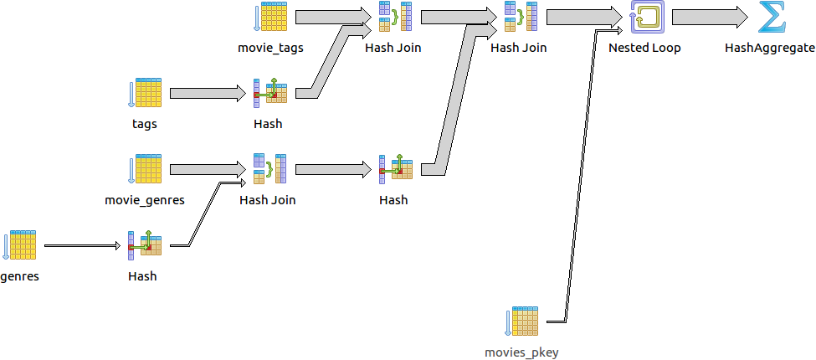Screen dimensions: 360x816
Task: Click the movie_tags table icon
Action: click(x=270, y=18)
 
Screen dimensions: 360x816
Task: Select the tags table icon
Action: click(x=145, y=94)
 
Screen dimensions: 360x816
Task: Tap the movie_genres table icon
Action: click(x=145, y=169)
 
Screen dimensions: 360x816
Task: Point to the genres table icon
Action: click(x=20, y=245)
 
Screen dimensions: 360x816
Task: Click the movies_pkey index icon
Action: click(x=522, y=322)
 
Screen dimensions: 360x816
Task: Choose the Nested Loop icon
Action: click(x=644, y=18)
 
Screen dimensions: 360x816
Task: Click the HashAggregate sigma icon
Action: click(x=770, y=18)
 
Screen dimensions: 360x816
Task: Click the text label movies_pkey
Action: click(x=521, y=352)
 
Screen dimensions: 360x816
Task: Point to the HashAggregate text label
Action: click(x=770, y=48)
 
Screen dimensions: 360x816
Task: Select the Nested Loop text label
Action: click(x=644, y=48)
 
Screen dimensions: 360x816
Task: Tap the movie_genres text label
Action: click(x=145, y=200)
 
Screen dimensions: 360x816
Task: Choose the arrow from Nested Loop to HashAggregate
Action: click(x=708, y=18)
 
